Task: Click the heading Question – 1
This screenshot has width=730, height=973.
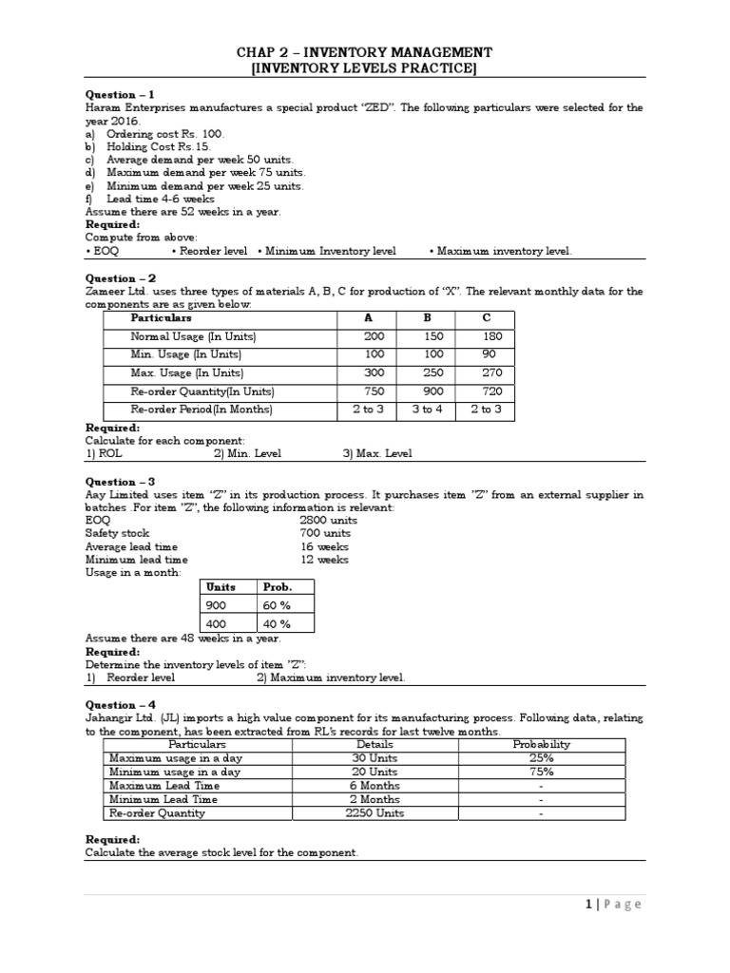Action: [x=120, y=95]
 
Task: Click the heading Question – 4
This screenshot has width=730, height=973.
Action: [x=120, y=705]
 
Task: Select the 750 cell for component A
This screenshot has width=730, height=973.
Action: [x=375, y=391]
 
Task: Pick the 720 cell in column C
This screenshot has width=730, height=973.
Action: [x=491, y=391]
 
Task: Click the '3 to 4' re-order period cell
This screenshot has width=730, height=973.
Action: [x=427, y=410]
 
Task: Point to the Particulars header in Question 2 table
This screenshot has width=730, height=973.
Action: [x=161, y=318]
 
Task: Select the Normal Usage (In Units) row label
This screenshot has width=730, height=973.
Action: [x=193, y=336]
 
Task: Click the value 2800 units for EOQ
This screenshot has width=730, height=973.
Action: [x=329, y=521]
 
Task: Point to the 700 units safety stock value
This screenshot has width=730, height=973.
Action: [x=325, y=534]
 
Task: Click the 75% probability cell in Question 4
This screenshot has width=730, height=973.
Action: [x=541, y=773]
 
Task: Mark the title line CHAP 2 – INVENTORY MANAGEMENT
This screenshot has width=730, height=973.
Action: [x=364, y=52]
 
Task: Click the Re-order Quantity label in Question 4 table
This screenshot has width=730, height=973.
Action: [x=157, y=813]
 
